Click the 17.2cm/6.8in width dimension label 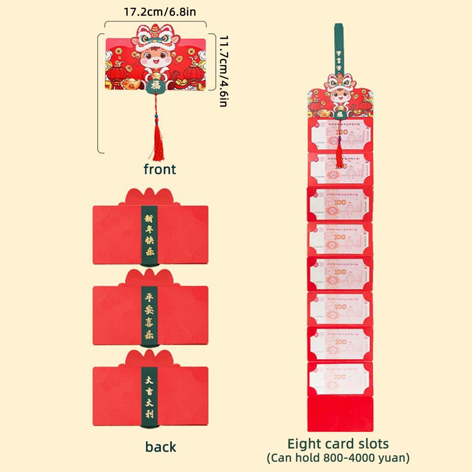point(159,12)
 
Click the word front point(159,170)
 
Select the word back point(160,447)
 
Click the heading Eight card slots point(338,444)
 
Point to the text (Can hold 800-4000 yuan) point(338,458)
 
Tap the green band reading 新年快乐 point(149,236)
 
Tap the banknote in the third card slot point(340,203)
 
